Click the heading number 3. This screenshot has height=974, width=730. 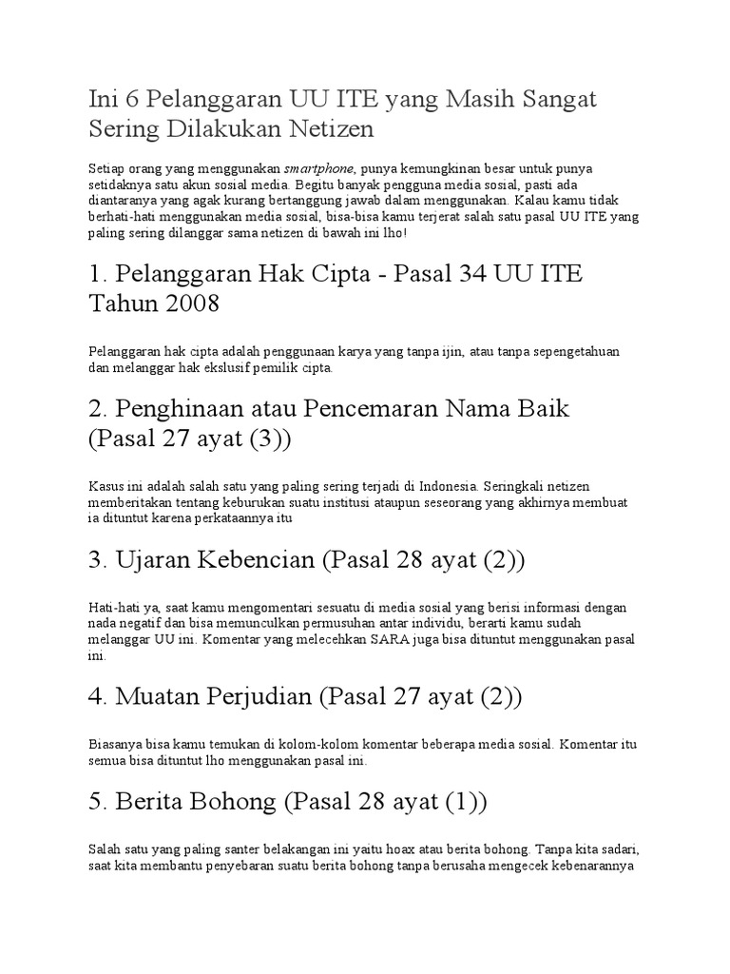(x=95, y=560)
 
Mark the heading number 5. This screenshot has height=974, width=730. (x=95, y=803)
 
